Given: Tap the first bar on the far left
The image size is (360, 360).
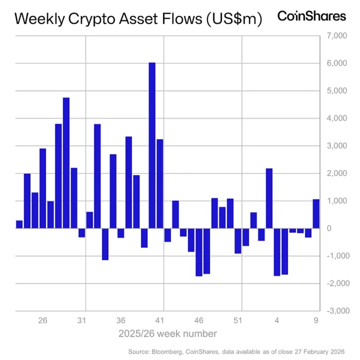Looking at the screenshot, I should (x=19, y=224).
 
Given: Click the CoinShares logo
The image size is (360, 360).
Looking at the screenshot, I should (x=312, y=17).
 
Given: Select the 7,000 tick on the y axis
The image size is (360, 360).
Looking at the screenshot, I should (x=335, y=36).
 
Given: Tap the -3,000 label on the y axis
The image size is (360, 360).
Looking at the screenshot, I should (x=334, y=311).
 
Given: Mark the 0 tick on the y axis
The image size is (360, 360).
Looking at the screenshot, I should (x=342, y=228).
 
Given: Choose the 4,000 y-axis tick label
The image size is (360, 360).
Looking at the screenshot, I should (x=335, y=118).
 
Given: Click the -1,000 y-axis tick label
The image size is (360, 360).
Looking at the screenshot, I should (x=334, y=256).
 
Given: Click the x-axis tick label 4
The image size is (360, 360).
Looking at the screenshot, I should (x=277, y=321).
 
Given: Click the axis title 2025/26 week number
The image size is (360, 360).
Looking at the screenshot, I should (x=168, y=333).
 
